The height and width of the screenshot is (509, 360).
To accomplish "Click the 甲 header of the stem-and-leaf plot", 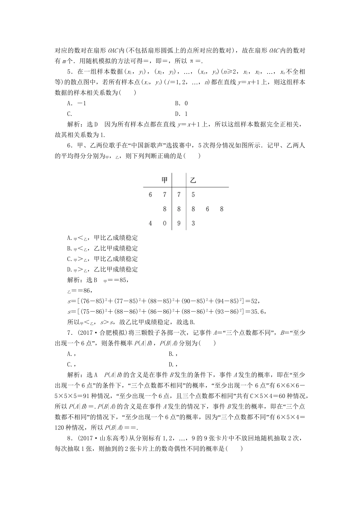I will click(164, 180).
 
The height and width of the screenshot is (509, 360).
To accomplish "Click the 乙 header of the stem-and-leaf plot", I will click(193, 180).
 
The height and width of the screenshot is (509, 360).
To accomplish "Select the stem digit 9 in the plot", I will click(179, 223).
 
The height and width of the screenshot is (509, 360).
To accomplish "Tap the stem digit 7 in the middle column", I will click(179, 195).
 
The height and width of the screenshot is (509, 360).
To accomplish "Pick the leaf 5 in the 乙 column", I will click(193, 195).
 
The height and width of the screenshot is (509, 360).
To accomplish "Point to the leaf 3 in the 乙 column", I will click(193, 223).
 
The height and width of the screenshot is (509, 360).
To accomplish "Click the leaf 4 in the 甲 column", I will click(150, 223).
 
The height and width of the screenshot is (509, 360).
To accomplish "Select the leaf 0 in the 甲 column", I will click(164, 223).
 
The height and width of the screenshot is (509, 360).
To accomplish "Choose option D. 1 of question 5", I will click(182, 114).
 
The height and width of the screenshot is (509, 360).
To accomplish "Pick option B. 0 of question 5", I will click(182, 103).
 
